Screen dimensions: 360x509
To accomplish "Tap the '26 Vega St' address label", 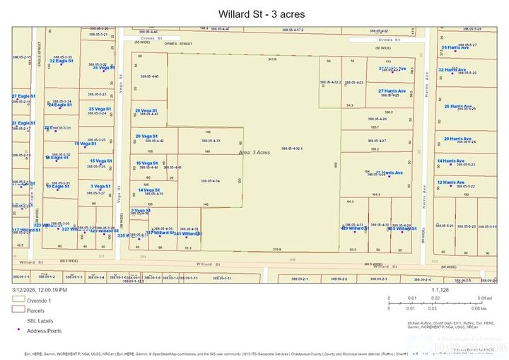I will pyautogui.click(x=147, y=110).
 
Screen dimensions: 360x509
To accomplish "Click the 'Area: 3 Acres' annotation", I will pyautogui.click(x=255, y=152).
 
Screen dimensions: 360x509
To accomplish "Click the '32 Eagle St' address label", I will pyautogui.click(x=61, y=61).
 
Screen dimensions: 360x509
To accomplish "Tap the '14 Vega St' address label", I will pyautogui.click(x=150, y=190).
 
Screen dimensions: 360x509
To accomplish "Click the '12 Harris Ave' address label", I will pyautogui.click(x=450, y=182).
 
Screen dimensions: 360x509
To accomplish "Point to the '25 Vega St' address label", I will pyautogui.click(x=100, y=109).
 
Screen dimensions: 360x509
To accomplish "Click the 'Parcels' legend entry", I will pyautogui.click(x=37, y=310).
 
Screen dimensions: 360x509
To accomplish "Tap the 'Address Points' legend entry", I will pyautogui.click(x=45, y=330).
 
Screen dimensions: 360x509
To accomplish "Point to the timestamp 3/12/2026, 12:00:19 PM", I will pyautogui.click(x=40, y=290).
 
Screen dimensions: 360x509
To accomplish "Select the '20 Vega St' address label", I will pyautogui.click(x=147, y=136).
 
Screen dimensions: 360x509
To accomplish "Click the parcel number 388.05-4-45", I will pyautogui.click(x=149, y=76).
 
